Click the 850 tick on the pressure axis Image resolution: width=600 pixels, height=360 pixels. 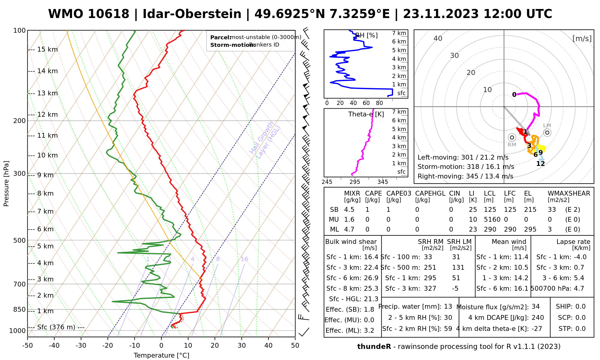click(x=20, y=309)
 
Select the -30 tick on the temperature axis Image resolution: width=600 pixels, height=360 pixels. click(x=81, y=346)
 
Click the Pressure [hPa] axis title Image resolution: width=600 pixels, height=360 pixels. click(x=6, y=184)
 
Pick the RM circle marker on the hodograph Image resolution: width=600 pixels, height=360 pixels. click(x=512, y=137)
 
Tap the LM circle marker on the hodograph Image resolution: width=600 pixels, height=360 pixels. click(x=547, y=132)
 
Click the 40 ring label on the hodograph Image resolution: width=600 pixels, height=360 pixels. click(x=438, y=38)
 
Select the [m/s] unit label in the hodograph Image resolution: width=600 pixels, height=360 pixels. click(x=582, y=38)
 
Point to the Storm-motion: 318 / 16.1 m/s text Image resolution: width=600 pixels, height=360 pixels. click(x=466, y=167)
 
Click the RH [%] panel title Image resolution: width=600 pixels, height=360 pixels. click(x=366, y=35)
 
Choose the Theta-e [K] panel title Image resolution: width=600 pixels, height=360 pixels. click(x=366, y=114)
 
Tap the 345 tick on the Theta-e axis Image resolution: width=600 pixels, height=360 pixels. click(x=382, y=182)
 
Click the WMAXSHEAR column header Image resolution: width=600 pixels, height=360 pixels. click(x=569, y=193)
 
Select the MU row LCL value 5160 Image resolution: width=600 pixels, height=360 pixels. click(x=492, y=220)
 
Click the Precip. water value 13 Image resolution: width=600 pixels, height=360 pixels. click(x=448, y=307)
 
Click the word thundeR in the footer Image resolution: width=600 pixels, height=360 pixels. click(x=374, y=347)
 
